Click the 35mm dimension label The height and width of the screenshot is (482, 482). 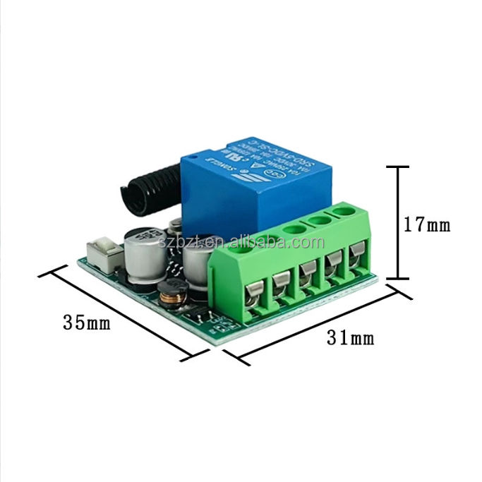tap(87, 323)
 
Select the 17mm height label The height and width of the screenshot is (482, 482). tap(426, 226)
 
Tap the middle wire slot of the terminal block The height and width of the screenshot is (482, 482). tap(307, 274)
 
